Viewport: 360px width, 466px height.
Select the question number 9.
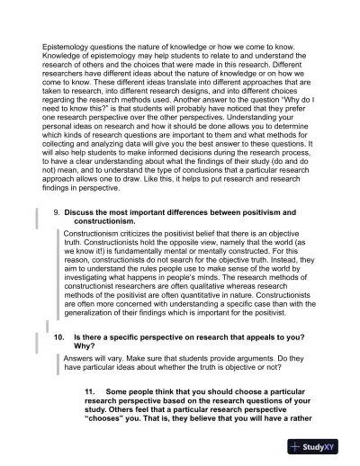(57, 211)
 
